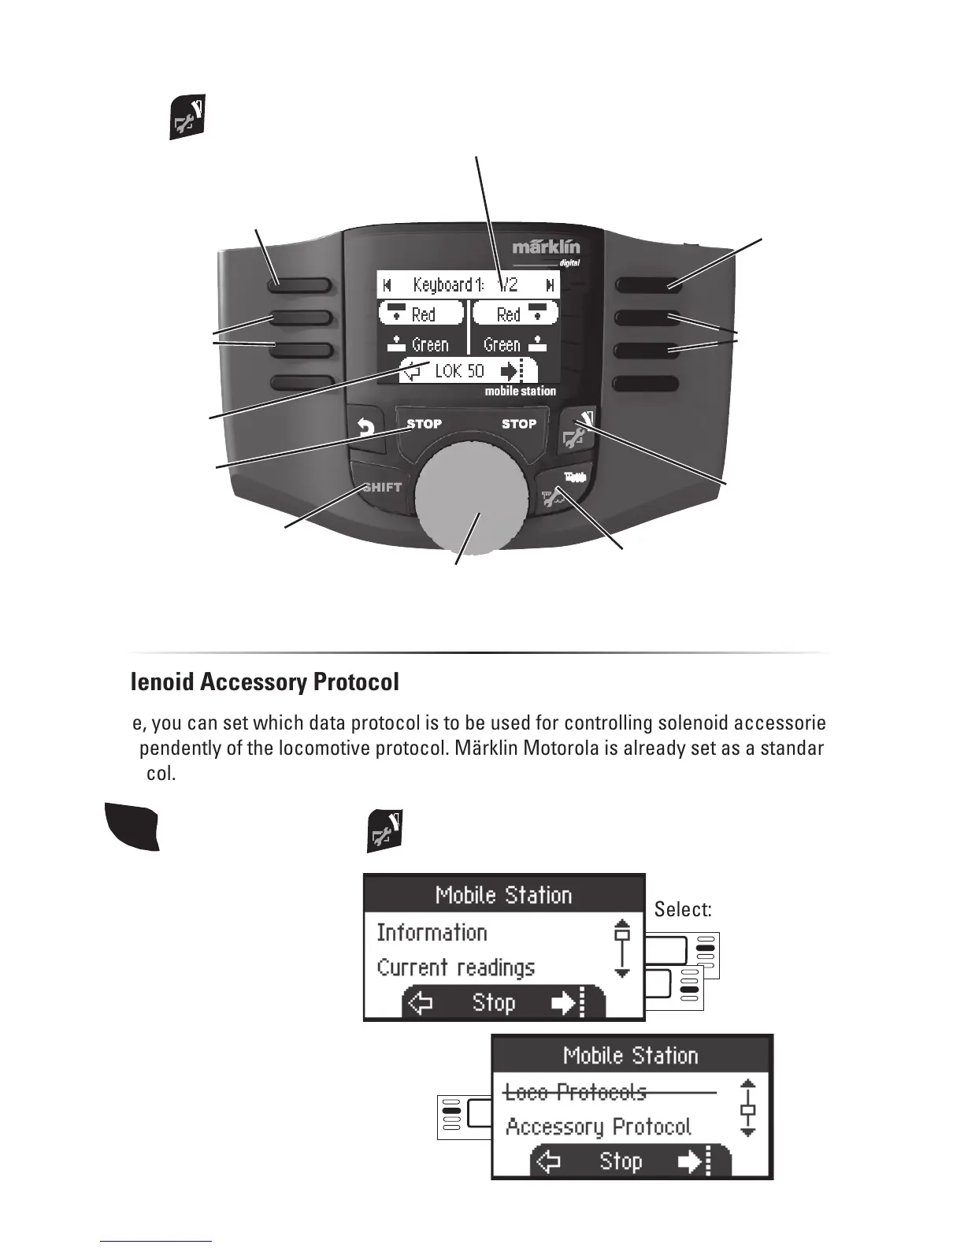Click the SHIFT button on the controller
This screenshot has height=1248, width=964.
(x=382, y=488)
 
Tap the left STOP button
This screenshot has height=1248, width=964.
(x=424, y=424)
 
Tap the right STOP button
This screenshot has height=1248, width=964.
(x=519, y=424)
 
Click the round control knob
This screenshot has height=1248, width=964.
(x=472, y=496)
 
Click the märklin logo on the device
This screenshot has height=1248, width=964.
(x=546, y=247)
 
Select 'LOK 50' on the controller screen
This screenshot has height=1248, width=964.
(x=460, y=371)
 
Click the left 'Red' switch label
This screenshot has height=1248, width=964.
(x=422, y=314)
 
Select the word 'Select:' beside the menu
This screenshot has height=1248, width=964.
(x=683, y=910)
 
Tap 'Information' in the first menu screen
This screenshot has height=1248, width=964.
(x=432, y=933)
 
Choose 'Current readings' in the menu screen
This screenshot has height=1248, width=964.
(x=455, y=968)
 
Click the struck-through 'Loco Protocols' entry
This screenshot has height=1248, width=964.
(x=575, y=1092)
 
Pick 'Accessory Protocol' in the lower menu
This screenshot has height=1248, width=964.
(x=599, y=1127)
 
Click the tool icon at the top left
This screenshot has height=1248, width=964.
(x=187, y=119)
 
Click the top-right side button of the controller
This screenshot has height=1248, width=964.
(x=647, y=284)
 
